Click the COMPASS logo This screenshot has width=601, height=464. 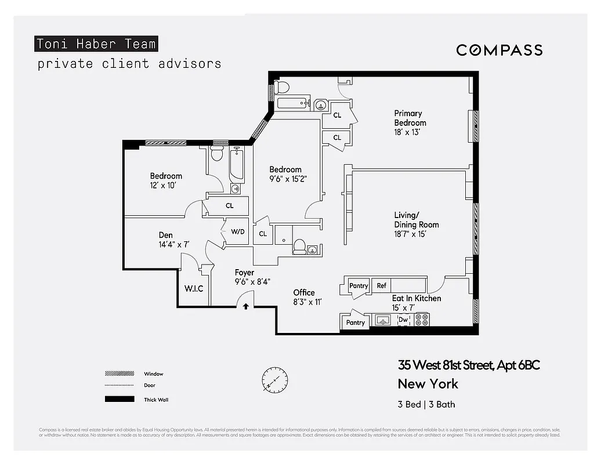click(499, 50)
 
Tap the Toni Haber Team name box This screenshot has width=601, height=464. click(96, 43)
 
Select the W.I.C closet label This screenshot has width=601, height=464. click(194, 288)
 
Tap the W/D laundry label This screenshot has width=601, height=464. click(238, 231)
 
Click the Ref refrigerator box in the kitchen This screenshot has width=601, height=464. click(381, 285)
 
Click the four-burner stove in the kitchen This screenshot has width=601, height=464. click(422, 320)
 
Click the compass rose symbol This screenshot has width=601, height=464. click(274, 380)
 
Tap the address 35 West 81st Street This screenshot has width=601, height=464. click(469, 365)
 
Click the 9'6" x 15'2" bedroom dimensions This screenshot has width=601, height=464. click(288, 179)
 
